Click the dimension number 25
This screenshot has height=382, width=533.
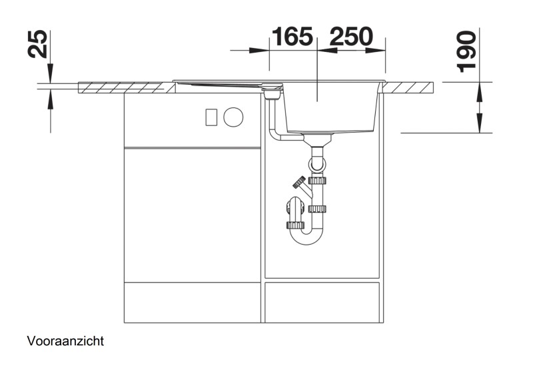coord(39,45)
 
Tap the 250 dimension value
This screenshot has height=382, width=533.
coord(350,37)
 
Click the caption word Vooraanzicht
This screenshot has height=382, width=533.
coord(65,341)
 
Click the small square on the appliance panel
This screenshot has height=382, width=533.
coord(211,117)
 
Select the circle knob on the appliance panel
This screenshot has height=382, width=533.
coord(233,117)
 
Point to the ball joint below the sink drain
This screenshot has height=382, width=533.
coord(316,162)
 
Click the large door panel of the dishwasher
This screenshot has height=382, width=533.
coord(192,213)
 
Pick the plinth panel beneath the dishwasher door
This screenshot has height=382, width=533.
coord(192,302)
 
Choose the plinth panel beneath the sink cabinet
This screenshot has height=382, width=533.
coord(322,302)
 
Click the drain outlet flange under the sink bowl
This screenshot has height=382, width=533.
coord(317,139)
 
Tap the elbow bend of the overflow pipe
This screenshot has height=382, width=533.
coord(274,135)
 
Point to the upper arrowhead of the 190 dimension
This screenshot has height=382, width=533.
coord(478,91)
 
